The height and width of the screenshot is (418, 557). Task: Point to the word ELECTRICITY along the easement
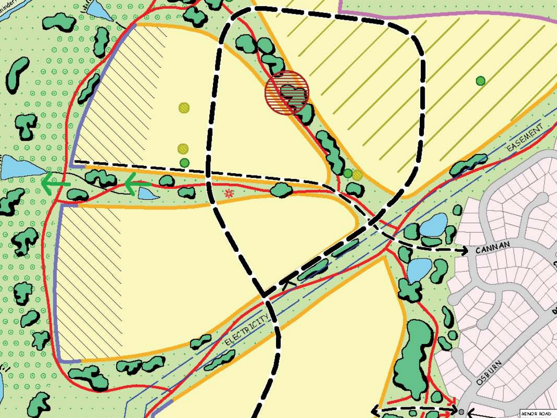(247, 329)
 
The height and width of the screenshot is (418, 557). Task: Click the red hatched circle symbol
(287, 92)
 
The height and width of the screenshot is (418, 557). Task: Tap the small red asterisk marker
(229, 193)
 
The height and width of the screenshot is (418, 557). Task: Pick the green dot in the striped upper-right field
(481, 81)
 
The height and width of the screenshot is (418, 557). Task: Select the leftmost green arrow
(54, 184)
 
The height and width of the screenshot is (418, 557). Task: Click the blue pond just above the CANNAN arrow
(434, 225)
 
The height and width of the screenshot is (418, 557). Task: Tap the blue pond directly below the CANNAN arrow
(420, 270)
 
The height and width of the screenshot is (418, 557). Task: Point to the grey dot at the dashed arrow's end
(461, 411)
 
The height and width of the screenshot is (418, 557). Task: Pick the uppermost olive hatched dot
(184, 108)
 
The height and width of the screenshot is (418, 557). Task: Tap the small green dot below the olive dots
(184, 162)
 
